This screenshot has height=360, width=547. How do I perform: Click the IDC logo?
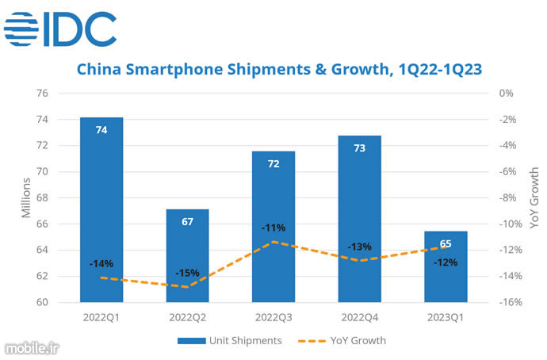(x=60, y=30)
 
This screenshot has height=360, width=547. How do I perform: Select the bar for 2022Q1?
(x=101, y=209)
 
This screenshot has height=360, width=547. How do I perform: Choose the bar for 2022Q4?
(x=360, y=218)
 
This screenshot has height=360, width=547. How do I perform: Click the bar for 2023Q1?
(x=446, y=266)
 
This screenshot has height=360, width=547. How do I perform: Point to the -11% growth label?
(x=273, y=228)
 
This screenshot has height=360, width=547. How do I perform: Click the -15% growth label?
(x=187, y=273)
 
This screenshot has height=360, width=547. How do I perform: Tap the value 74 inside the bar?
(x=101, y=130)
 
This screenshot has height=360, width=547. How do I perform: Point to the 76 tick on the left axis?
(x=64, y=93)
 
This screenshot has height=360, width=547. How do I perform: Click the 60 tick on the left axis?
(x=64, y=302)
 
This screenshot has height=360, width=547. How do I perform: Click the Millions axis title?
(x=27, y=197)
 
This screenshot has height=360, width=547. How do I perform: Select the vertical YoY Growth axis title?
(x=534, y=197)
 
